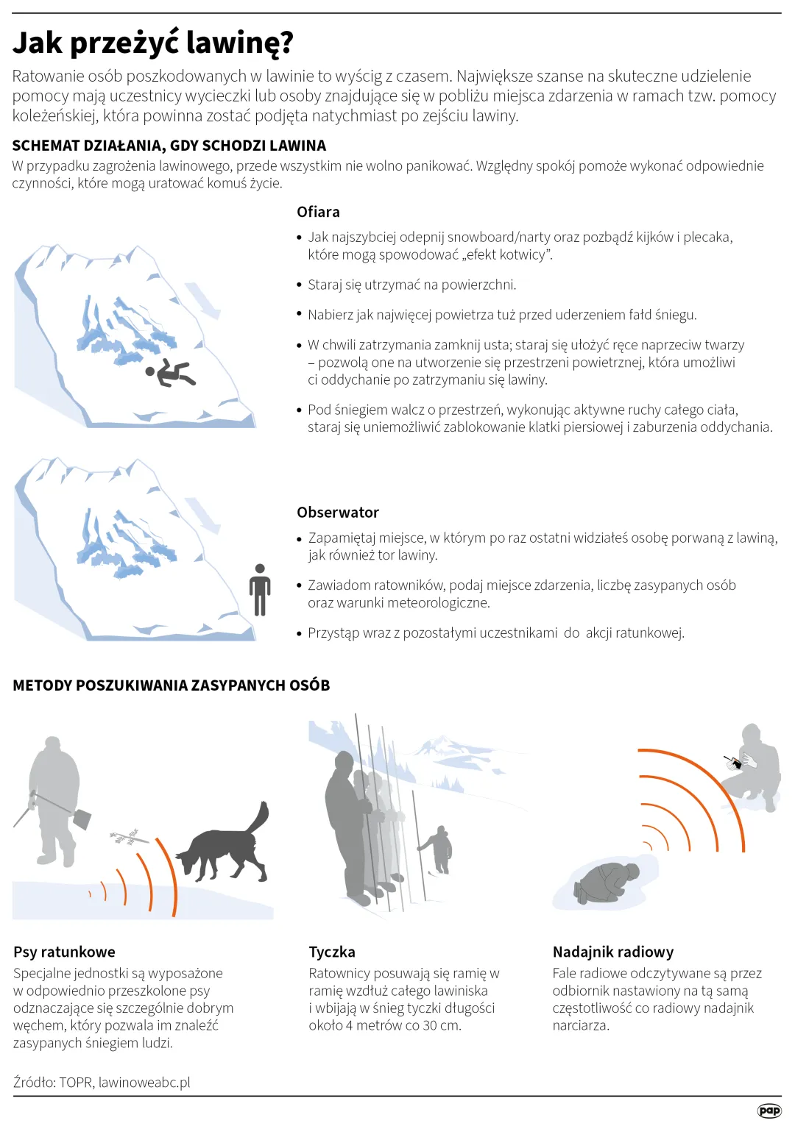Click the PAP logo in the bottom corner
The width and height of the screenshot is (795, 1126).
768,1110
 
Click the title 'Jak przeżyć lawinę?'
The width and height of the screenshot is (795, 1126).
153,43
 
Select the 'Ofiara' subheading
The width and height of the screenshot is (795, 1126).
318,212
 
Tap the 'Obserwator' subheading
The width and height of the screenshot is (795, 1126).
338,512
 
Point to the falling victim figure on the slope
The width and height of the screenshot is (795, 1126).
171,372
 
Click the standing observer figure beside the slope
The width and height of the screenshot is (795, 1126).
260,590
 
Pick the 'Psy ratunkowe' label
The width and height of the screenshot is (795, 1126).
64,952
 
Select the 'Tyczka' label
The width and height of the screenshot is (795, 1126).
332,952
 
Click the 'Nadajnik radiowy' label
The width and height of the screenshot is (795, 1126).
613,952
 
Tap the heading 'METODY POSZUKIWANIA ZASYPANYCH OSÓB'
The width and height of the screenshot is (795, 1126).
171,685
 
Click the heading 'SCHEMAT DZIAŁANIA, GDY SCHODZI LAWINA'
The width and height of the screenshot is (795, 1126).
169,146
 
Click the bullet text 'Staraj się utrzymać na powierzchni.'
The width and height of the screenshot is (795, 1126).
412,285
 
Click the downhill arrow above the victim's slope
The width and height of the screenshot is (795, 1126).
202,301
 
